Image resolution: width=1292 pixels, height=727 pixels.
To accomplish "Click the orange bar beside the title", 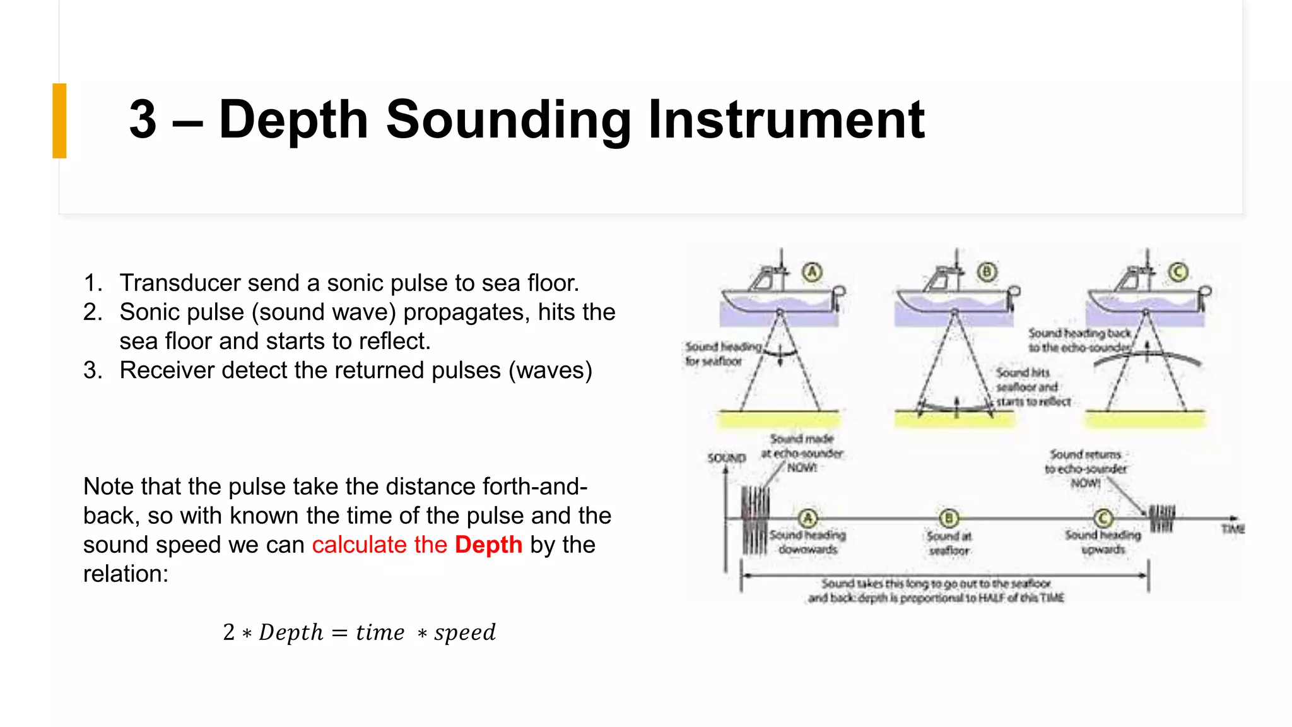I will [59, 121].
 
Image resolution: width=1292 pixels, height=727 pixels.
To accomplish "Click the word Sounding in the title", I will [508, 120].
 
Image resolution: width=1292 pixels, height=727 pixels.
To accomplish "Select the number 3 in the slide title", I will [143, 120].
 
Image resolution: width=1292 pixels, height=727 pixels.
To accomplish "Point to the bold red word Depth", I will [488, 545].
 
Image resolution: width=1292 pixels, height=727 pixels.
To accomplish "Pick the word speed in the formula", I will [465, 632].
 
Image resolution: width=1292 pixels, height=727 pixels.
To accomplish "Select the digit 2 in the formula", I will [228, 632].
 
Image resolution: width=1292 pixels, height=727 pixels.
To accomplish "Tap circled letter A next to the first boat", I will [813, 272].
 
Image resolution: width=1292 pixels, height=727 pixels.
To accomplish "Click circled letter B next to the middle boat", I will [987, 272].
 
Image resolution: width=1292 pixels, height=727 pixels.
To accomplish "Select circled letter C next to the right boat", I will [1178, 272].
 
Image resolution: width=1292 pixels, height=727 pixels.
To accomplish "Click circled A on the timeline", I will [807, 519].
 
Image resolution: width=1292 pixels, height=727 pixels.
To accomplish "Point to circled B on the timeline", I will [949, 519].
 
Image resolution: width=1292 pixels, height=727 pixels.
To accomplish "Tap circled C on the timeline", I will [1103, 519].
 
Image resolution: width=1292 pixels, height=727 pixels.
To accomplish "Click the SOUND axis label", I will [726, 458].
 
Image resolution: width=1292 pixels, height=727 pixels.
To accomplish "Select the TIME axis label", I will [1233, 529].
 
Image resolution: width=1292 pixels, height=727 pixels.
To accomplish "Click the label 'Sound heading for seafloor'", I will [722, 354].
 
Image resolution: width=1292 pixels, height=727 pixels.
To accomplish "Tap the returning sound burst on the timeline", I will [1161, 518].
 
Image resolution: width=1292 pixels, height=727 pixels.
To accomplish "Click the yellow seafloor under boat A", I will [779, 419].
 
